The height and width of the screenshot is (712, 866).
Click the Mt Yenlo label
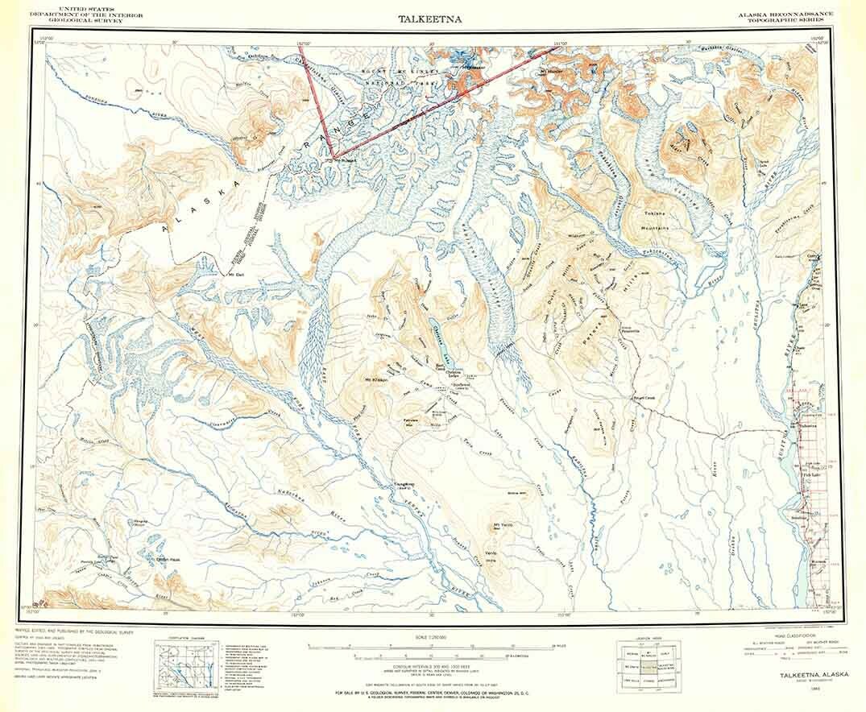point(502,526)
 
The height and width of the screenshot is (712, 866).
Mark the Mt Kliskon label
point(377,380)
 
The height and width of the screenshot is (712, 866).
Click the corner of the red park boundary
point(333,156)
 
